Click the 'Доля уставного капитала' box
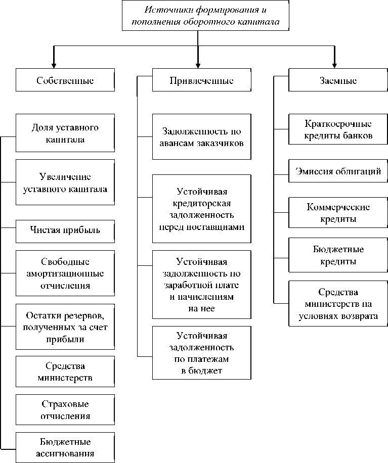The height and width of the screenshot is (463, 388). tap(65, 133)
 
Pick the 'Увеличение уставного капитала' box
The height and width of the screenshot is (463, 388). tap(65, 182)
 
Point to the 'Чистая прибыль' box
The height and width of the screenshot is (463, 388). tap(65, 230)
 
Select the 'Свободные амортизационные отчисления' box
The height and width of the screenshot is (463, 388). tap(65, 273)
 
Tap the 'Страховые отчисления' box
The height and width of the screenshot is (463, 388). tap(65, 410)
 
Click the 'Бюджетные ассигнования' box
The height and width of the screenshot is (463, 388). tap(65, 447)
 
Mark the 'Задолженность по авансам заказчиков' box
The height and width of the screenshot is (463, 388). tap(201, 137)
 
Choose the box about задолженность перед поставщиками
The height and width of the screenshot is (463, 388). tap(201, 209)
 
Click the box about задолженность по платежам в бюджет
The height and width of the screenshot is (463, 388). tap(201, 353)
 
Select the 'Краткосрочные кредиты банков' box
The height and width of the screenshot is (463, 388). tap(338, 130)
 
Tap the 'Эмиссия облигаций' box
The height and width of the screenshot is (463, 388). tap(338, 172)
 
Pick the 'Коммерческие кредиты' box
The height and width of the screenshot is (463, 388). tap(338, 213)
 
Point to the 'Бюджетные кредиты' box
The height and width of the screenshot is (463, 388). tap(338, 255)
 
